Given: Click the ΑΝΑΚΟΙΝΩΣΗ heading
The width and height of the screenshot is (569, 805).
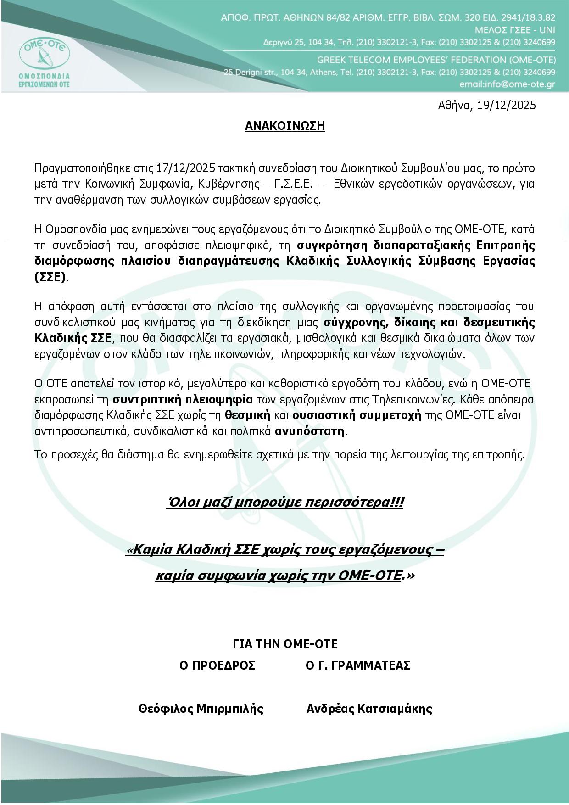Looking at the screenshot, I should tap(284, 126).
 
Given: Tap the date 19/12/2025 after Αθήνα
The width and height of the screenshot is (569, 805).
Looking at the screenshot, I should tap(506, 105).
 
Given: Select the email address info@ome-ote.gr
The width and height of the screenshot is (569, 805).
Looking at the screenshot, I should tap(507, 85).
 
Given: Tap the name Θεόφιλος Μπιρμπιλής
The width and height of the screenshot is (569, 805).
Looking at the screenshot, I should tap(201, 709).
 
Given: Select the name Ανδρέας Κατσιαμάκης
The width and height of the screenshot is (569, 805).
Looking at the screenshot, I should tap(369, 709).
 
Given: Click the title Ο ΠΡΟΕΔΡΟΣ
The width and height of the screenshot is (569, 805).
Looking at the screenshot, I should tap(217, 665).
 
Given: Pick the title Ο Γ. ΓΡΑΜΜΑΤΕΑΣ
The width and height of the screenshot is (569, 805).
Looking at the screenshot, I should tap(358, 665).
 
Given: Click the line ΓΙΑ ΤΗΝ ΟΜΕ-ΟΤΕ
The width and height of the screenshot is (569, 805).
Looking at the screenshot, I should tap(285, 644).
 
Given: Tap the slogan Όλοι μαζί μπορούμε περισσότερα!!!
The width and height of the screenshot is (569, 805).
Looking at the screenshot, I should tap(285, 503).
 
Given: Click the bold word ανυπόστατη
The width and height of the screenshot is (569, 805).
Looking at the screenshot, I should tap(310, 431).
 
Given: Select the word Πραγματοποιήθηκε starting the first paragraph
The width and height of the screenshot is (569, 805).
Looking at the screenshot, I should tap(73, 168).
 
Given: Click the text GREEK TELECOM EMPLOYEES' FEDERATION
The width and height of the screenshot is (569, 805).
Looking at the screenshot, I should tap(390, 60).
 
